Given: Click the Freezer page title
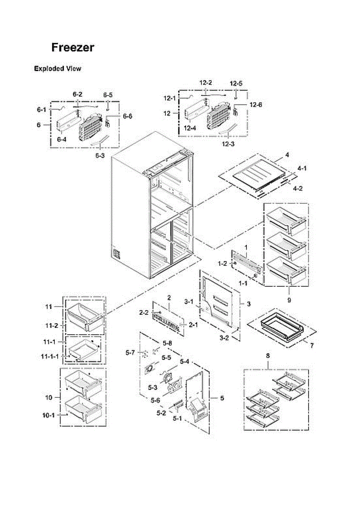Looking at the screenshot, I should pyautogui.click(x=73, y=48).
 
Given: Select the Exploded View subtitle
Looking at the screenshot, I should pyautogui.click(x=58, y=69).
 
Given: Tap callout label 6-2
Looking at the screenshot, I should pyautogui.click(x=78, y=94).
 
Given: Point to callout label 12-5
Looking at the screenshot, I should pyautogui.click(x=236, y=83).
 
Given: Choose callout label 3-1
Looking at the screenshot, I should pyautogui.click(x=189, y=302).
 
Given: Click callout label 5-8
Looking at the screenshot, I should pyautogui.click(x=167, y=343).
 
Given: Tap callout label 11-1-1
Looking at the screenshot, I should pyautogui.click(x=50, y=355).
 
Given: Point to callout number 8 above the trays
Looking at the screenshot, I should pyautogui.click(x=268, y=356).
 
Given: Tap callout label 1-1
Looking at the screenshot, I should pyautogui.click(x=243, y=282).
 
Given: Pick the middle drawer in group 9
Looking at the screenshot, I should pyautogui.click(x=285, y=245).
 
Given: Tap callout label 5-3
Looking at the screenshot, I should pyautogui.click(x=152, y=387).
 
